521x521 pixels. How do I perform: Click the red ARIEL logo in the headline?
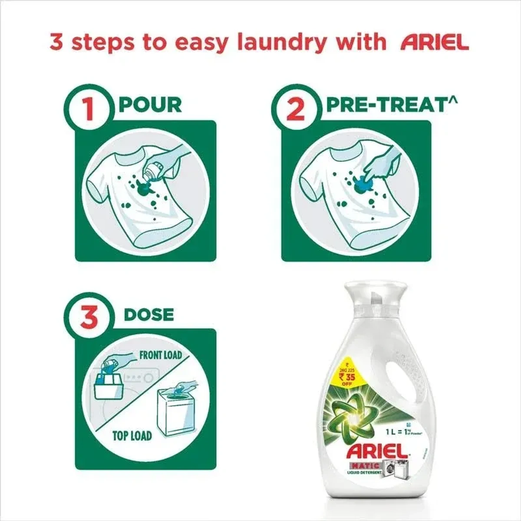pyautogui.click(x=434, y=42)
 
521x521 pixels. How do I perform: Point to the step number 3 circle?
pyautogui.click(x=89, y=317)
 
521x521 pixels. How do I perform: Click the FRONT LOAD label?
pyautogui.click(x=160, y=355)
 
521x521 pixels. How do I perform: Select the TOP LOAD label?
pyautogui.click(x=132, y=435)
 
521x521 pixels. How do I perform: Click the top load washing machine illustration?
pyautogui.click(x=174, y=412)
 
